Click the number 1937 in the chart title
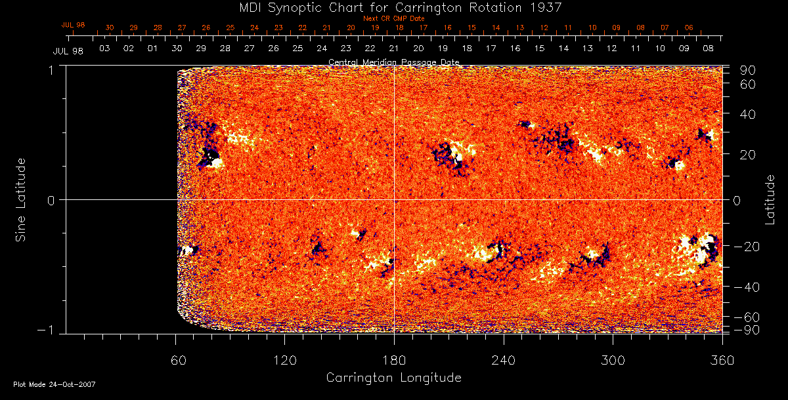546,7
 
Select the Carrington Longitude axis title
393,378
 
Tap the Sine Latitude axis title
21,199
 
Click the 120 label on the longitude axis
284,359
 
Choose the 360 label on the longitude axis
722,359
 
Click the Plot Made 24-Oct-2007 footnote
55,384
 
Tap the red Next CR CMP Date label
394,19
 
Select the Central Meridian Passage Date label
394,62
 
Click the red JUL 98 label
74,26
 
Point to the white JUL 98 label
68,51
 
